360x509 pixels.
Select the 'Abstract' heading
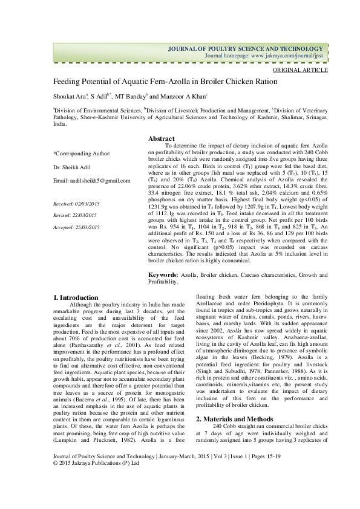pyautogui.click(x=162, y=138)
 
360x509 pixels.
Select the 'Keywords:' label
pyautogui.click(x=163, y=275)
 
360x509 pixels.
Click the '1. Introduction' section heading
pyautogui.click(x=76, y=297)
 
